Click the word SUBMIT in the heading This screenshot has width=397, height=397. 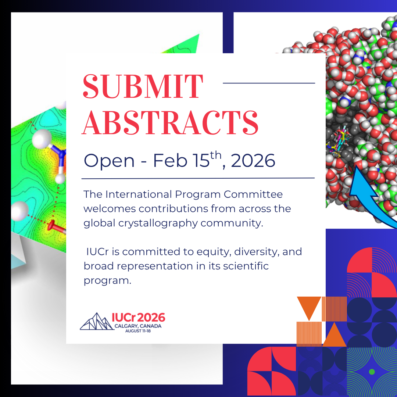143,86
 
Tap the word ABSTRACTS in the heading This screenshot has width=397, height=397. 170,122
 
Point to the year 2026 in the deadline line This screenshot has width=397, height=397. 253,160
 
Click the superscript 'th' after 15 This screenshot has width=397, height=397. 216,156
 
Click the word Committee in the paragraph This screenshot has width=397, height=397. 253,194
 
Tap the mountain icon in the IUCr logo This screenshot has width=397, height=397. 96,322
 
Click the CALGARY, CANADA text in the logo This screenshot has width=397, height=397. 138,326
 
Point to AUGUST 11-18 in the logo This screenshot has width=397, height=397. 138,331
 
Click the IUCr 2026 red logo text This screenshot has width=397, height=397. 139,317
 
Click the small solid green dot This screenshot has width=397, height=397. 372,372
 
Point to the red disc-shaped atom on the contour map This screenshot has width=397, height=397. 51,225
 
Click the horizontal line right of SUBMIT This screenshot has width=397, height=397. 269,83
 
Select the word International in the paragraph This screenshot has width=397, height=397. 139,194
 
